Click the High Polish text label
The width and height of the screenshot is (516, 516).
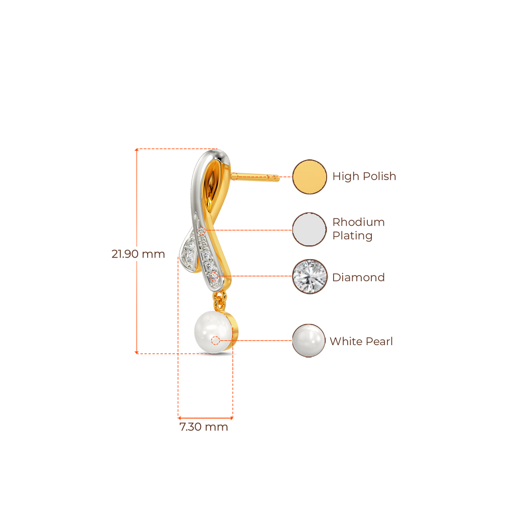(364, 176)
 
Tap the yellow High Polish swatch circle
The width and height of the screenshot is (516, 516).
(309, 176)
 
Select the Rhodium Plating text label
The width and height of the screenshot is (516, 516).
(358, 229)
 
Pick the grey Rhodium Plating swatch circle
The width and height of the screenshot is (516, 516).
(309, 229)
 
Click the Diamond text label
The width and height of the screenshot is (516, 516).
(358, 277)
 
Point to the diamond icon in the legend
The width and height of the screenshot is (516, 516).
(309, 277)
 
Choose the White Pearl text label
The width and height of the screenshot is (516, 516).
(361, 341)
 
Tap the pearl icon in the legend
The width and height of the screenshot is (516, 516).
(309, 341)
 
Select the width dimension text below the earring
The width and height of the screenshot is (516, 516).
(204, 427)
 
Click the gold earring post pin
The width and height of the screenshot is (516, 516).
(257, 176)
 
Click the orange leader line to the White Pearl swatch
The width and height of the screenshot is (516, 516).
(262, 341)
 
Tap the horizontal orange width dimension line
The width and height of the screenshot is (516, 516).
(205, 418)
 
